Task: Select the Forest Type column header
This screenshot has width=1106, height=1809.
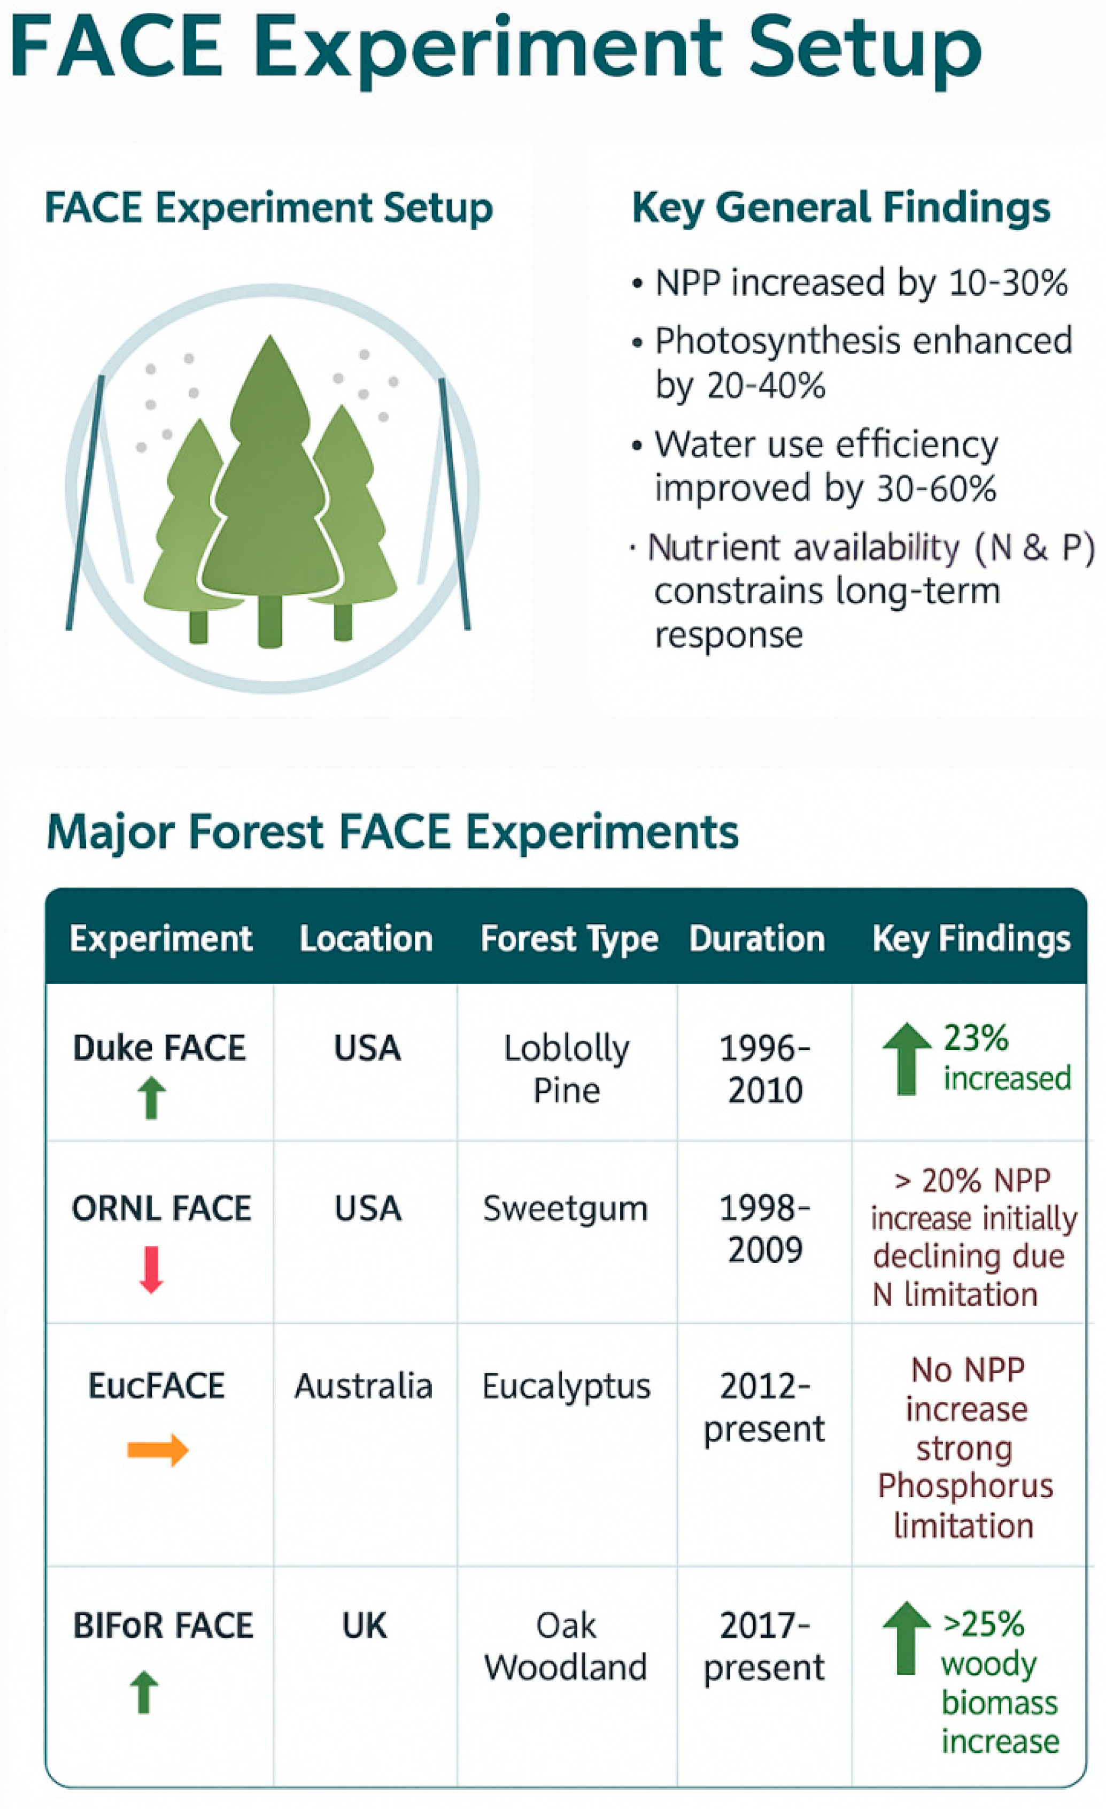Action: [x=569, y=940]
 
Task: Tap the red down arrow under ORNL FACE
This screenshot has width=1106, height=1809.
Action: [x=151, y=1269]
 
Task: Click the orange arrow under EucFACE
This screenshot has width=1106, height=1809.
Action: [x=158, y=1449]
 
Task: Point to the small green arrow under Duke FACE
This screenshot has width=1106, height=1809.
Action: [x=152, y=1098]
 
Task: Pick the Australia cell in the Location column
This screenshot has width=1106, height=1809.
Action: [x=363, y=1386]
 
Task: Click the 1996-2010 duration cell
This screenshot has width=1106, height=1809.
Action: [x=765, y=1069]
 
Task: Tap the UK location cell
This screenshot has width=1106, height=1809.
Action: [x=365, y=1626]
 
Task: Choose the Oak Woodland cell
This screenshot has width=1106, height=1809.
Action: [x=565, y=1646]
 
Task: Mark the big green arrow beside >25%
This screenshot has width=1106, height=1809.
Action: [x=907, y=1637]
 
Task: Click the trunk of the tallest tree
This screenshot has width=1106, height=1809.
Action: [x=270, y=621]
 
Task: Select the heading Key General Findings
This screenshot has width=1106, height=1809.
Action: [x=841, y=208]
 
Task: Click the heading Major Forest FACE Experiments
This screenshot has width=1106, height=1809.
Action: [x=392, y=832]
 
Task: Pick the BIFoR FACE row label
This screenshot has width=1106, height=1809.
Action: [x=163, y=1626]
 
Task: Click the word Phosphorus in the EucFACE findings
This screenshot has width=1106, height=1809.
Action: [x=965, y=1485]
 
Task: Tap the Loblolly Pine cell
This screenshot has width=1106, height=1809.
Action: [x=567, y=1069]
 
